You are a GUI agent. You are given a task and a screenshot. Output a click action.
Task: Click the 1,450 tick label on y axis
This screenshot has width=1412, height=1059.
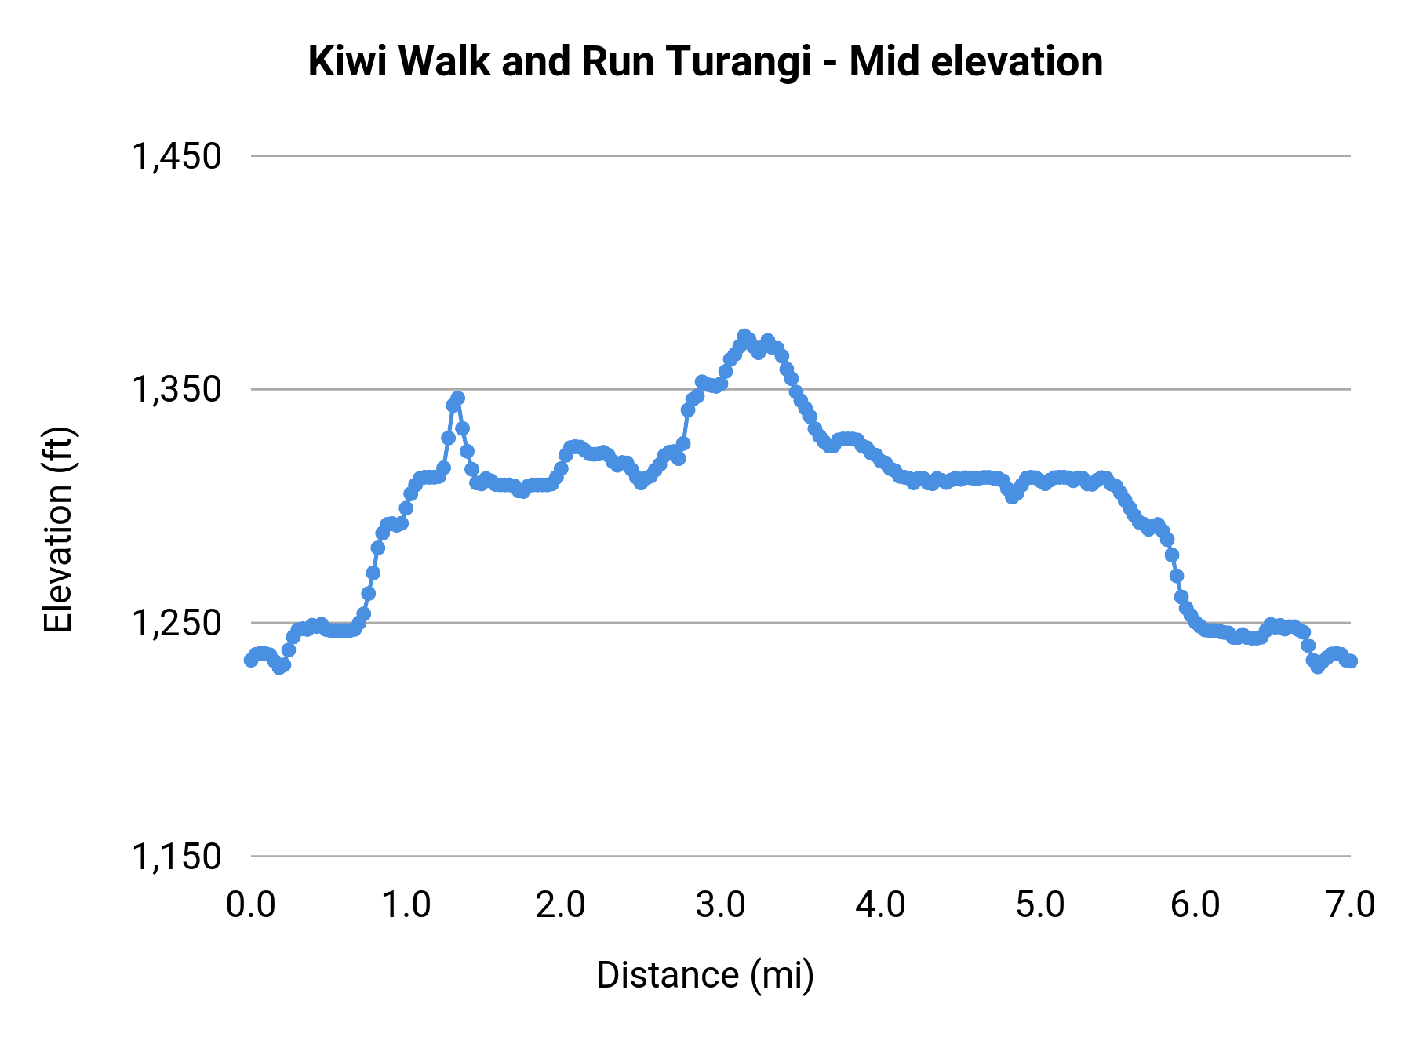176,156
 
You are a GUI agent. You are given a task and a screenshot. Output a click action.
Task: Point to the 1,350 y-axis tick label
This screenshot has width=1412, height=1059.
176,389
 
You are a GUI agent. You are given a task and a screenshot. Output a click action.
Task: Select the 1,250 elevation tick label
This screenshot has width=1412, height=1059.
176,623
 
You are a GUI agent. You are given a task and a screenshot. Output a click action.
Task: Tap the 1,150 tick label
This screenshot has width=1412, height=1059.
176,857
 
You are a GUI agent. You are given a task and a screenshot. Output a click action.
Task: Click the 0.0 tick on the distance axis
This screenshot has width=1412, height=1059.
250,905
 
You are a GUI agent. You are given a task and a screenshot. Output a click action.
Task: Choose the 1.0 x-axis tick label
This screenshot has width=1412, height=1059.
406,905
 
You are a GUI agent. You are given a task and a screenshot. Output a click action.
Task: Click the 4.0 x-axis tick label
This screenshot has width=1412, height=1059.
879,905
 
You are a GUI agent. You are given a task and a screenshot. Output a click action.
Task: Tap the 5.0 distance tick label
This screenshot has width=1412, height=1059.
1039,905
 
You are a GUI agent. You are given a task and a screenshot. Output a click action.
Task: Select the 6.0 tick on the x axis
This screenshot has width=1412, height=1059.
1195,905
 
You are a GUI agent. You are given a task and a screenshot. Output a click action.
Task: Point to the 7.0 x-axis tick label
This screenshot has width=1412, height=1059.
1350,905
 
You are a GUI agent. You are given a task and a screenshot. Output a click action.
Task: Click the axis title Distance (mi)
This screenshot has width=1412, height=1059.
705,975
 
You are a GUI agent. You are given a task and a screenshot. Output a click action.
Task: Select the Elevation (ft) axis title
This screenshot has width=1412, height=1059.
58,529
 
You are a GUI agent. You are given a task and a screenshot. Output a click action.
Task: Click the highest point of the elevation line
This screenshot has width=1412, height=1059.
744,336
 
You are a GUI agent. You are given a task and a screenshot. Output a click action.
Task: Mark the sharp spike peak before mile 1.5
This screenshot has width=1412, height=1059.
457,398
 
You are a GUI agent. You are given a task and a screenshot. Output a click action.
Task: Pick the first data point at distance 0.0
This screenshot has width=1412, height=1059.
251,660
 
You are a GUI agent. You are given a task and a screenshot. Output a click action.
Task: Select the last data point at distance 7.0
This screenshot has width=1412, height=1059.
1350,661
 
